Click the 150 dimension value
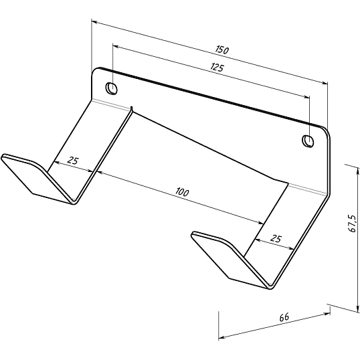222,50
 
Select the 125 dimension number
217,68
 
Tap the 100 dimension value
182,192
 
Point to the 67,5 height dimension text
352,224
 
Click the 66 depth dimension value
284,317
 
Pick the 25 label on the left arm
73,160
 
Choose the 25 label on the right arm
276,239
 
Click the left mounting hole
111,88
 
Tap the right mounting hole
308,141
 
